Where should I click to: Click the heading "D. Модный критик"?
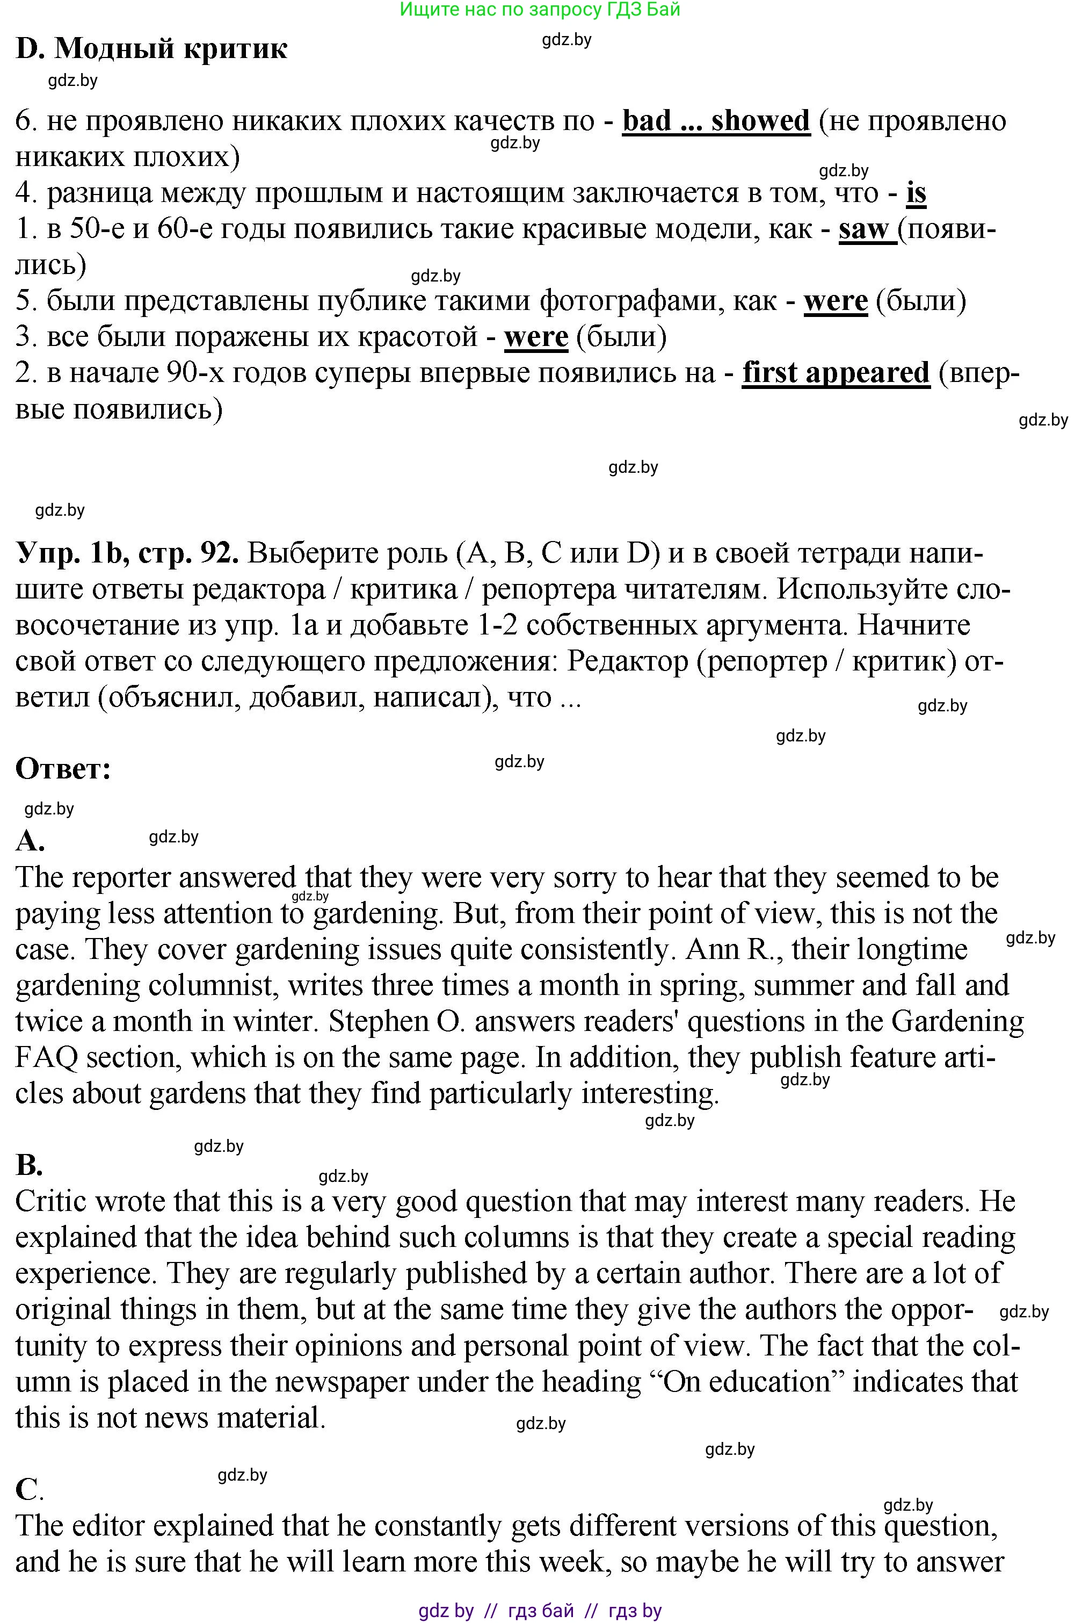151,48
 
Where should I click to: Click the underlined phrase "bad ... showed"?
716,121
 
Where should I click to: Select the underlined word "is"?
916,193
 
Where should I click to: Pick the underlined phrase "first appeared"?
836,373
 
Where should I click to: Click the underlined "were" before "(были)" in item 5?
835,301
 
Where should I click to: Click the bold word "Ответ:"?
63,769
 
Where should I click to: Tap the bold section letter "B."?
29,1165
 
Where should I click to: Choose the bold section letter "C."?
29,1490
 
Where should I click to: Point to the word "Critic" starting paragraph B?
50,1202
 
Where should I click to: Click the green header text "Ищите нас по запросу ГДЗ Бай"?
540,9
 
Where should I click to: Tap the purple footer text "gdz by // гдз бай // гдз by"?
540,1611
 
